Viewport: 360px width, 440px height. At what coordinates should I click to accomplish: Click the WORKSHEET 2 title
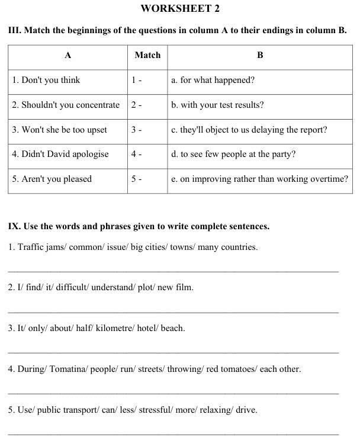(179, 8)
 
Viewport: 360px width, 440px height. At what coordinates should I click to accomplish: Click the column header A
(68, 55)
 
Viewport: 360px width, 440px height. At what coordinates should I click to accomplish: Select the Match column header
(147, 55)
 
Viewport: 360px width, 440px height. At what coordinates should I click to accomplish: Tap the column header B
(260, 55)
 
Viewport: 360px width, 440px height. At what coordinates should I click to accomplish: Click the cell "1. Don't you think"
(46, 80)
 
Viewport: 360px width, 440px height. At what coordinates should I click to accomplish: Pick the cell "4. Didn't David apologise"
(60, 154)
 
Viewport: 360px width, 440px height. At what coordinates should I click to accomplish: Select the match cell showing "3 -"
(137, 130)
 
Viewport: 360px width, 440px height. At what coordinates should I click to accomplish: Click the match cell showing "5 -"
(137, 179)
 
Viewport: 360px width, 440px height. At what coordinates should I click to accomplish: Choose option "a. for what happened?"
(213, 80)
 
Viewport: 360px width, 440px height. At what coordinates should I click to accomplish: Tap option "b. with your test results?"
(218, 105)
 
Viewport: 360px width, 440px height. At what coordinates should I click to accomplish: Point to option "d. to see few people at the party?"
(233, 154)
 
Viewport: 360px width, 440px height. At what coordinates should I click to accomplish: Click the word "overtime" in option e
(329, 179)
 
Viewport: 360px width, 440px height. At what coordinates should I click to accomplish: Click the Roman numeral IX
(14, 226)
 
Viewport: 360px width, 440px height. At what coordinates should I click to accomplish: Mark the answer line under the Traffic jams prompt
(173, 271)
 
